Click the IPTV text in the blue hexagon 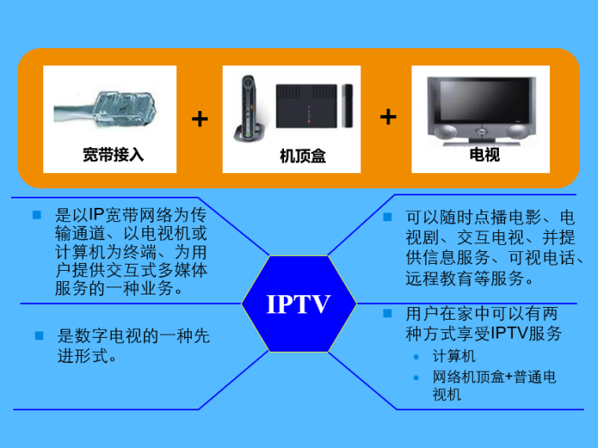tap(298, 304)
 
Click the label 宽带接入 tap(113, 154)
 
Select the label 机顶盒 tap(302, 156)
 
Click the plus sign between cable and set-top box tap(200, 119)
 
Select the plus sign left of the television tap(388, 117)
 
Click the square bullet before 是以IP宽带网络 tap(36, 214)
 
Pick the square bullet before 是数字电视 tap(38, 335)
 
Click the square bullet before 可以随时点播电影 tap(387, 217)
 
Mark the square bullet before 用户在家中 tap(387, 313)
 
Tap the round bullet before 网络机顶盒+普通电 tap(416, 378)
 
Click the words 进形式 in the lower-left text tap(86, 356)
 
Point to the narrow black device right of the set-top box tap(348, 106)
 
